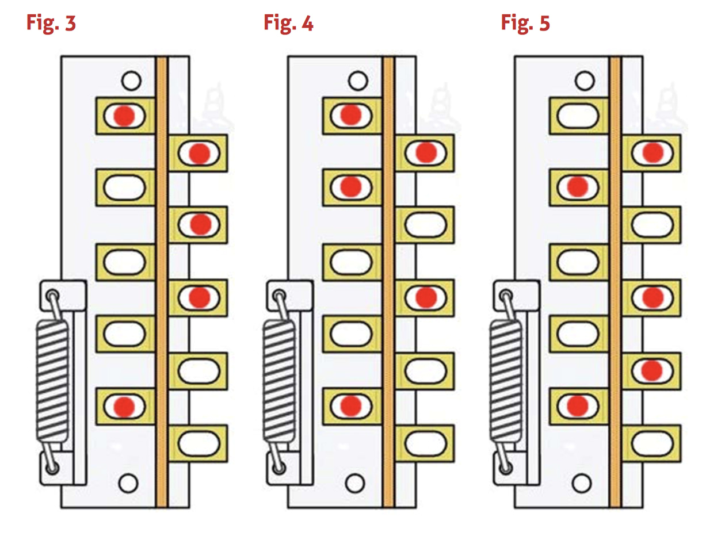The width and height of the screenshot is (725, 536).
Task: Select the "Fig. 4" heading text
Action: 288,24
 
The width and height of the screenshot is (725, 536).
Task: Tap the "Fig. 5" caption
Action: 525,24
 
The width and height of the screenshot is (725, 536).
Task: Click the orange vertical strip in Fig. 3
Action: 162,282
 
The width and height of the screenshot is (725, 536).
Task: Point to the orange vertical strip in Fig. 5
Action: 615,282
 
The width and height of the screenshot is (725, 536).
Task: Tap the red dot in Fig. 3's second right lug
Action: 200,224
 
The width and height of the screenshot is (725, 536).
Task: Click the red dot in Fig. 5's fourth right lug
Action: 652,370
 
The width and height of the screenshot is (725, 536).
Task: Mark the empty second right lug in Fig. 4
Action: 426,224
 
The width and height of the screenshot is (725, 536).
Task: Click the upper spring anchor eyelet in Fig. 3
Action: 53,296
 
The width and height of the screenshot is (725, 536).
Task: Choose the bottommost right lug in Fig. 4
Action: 426,443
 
